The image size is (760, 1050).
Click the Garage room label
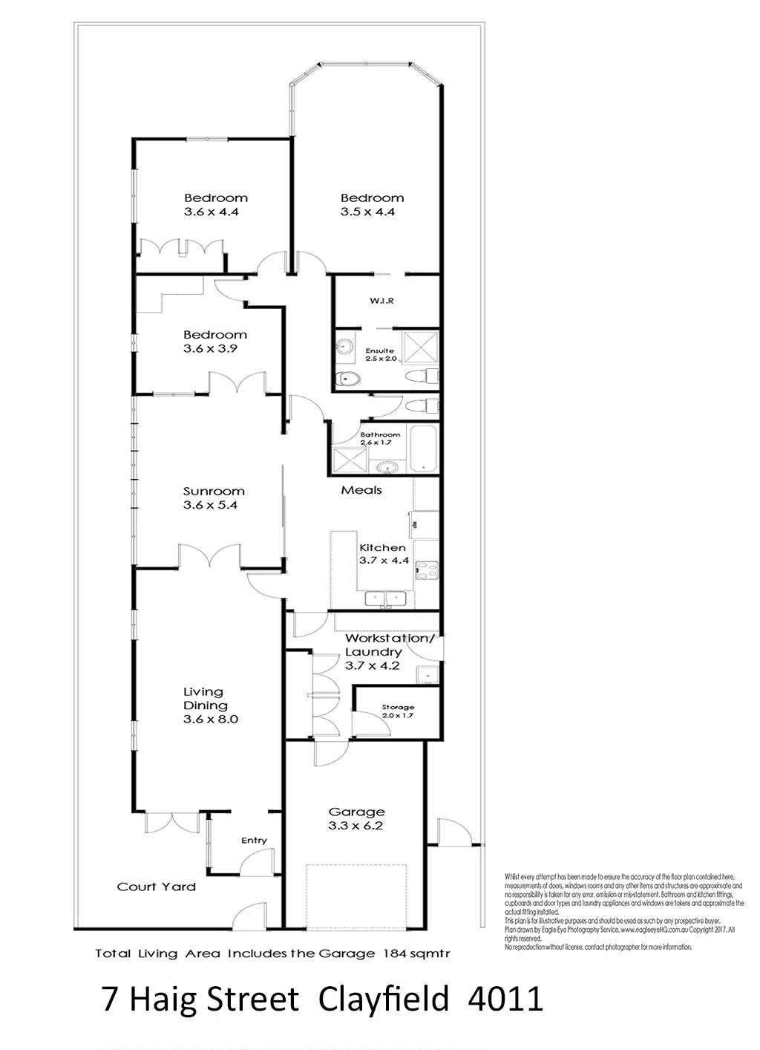[356, 812]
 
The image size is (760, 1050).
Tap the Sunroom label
[214, 491]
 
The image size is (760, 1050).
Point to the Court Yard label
[157, 887]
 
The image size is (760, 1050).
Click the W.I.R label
[381, 301]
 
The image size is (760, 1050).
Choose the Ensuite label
[380, 350]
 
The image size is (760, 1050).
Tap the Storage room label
[398, 707]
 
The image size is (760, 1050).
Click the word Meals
[361, 490]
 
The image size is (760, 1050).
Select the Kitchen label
[383, 547]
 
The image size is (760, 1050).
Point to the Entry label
[254, 841]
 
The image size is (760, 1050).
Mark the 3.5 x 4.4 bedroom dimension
[367, 212]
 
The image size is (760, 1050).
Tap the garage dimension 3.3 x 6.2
[356, 826]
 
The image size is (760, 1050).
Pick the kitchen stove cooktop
[426, 570]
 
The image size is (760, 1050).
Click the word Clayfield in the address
[384, 1000]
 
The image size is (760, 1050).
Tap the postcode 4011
[506, 1000]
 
